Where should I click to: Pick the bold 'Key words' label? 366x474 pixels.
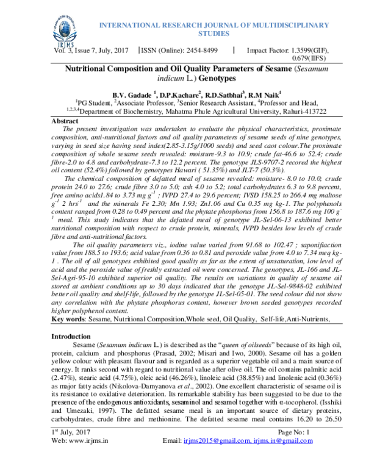[x=68, y=319]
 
